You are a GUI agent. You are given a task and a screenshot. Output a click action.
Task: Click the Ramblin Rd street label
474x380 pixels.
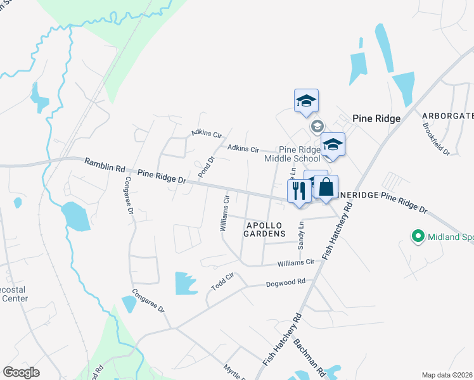click(105, 167)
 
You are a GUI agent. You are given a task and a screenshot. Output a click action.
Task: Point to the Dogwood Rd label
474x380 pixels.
click(285, 282)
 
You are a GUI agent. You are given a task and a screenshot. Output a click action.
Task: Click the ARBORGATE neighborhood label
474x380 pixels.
click(447, 116)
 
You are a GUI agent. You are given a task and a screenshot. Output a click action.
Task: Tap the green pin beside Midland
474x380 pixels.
click(418, 237)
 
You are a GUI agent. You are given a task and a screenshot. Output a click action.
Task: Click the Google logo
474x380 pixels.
click(22, 372)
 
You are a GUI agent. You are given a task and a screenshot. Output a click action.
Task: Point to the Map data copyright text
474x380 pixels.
click(447, 375)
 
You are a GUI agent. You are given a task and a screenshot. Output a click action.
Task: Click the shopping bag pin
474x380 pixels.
click(326, 188)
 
